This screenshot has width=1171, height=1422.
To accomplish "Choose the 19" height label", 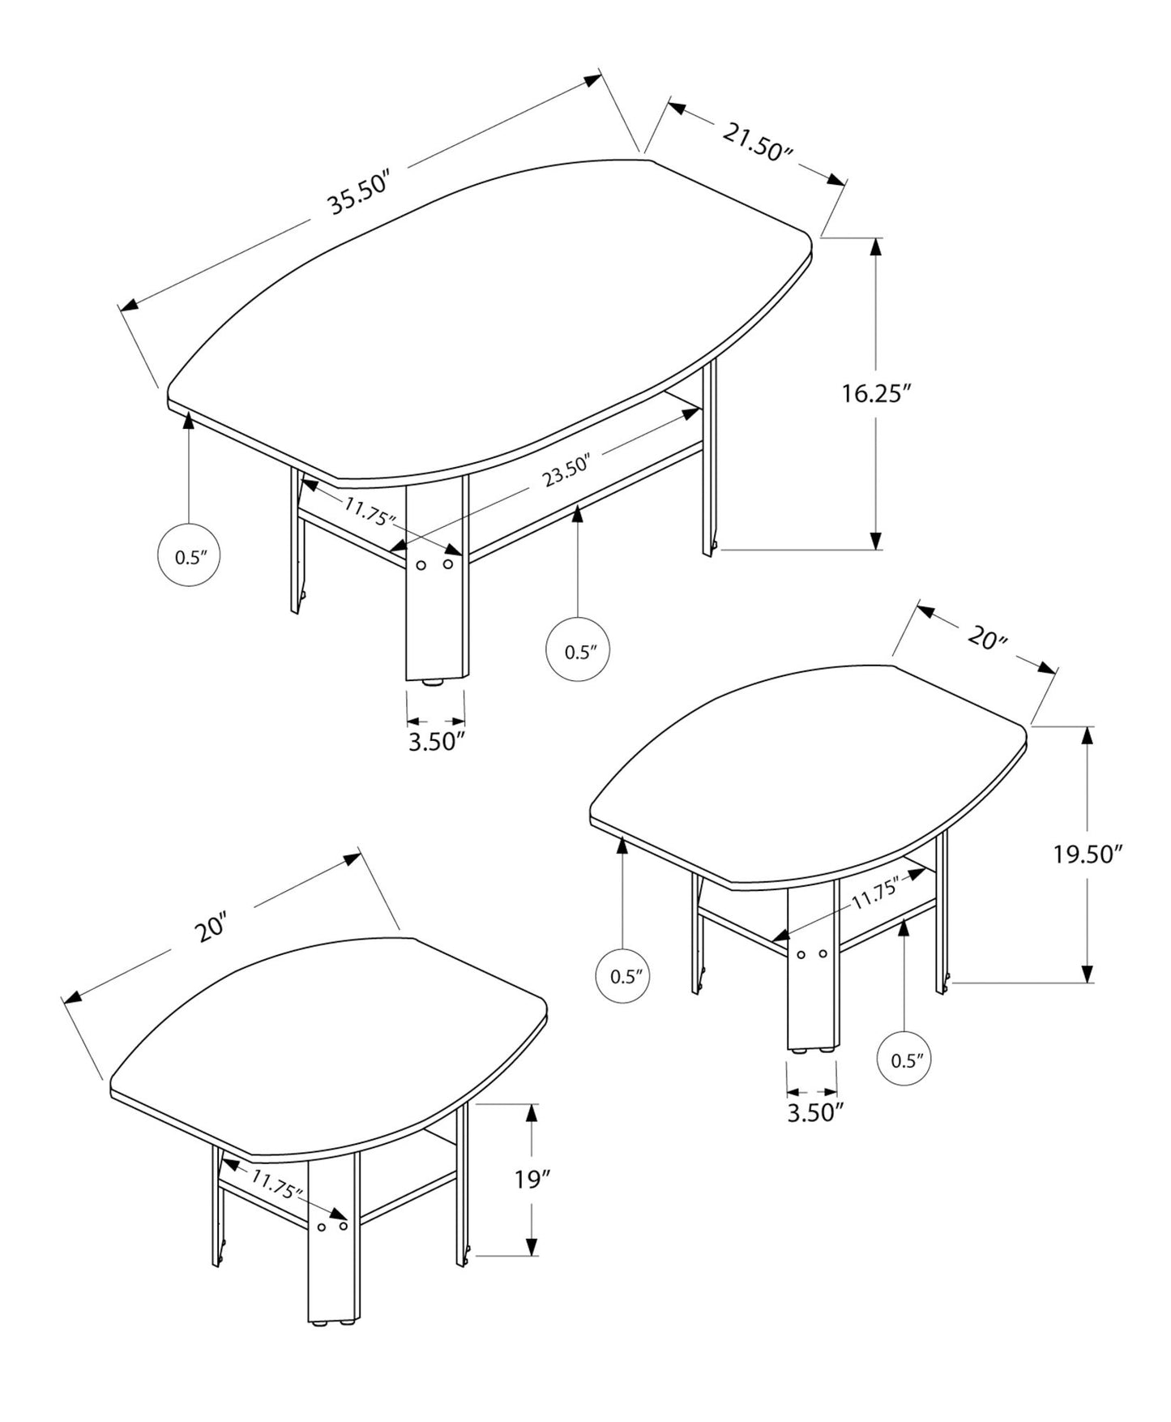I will coord(532,1179).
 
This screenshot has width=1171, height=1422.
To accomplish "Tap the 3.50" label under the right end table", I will coord(811,1112).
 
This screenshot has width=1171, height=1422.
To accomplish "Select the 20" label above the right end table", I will coord(986,639).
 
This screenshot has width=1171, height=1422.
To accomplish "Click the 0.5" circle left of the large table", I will coord(188,556).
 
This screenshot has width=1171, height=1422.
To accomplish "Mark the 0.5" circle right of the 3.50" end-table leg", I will coord(907,1060).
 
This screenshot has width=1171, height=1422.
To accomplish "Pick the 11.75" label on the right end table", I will coord(875,895).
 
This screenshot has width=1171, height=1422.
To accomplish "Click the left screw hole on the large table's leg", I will coord(421,565).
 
